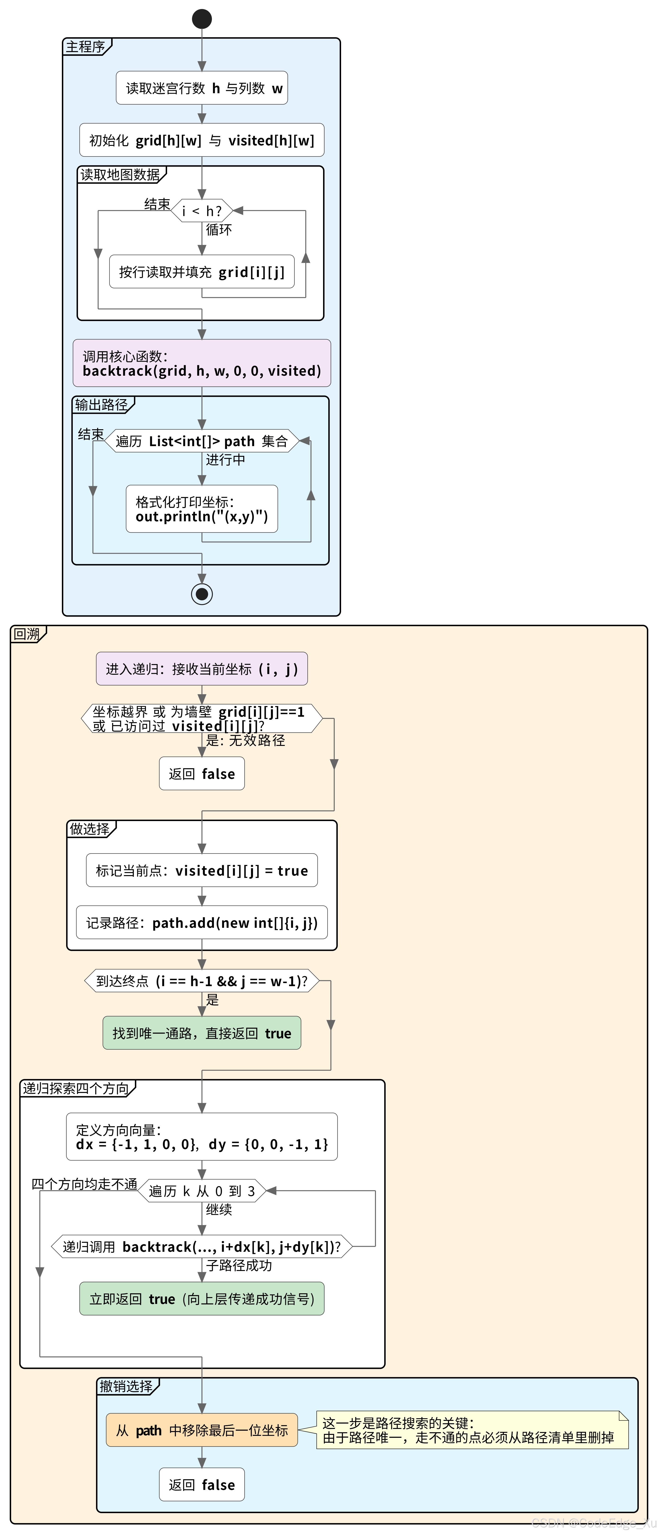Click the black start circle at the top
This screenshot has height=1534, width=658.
[x=202, y=18]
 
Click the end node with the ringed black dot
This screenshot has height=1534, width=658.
[x=202, y=594]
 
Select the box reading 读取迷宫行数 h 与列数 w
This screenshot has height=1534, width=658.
[x=202, y=88]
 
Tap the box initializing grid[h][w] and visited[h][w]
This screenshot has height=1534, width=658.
[x=202, y=141]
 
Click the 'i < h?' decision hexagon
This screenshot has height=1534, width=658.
[x=202, y=211]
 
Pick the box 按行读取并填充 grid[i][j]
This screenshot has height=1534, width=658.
[x=202, y=272]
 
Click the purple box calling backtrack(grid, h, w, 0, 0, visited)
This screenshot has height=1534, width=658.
[x=202, y=363]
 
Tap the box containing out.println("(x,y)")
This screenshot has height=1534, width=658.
[x=202, y=509]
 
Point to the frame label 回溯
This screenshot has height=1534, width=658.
[x=27, y=634]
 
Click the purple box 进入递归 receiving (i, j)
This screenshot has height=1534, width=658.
[x=202, y=669]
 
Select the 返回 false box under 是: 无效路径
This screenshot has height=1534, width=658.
[x=202, y=774]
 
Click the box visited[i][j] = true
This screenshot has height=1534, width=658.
[x=202, y=871]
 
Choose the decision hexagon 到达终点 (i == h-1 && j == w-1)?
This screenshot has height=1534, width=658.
[x=202, y=981]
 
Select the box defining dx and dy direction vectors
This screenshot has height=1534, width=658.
[x=202, y=1137]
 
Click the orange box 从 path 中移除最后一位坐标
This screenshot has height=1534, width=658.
[x=202, y=1430]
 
